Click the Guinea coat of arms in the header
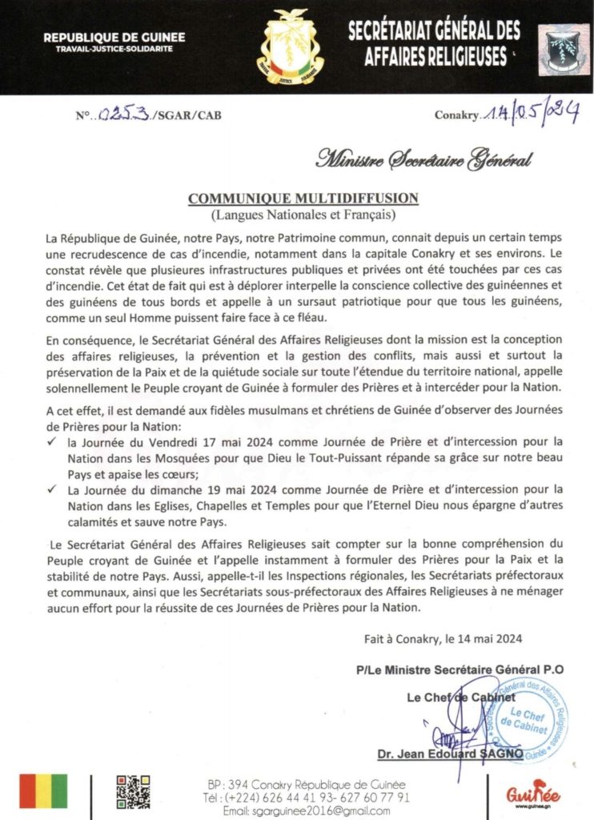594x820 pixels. [x=291, y=46]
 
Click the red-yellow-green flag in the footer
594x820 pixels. [x=43, y=791]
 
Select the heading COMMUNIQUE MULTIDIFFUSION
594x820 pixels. [x=303, y=198]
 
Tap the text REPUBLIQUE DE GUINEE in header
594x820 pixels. [x=114, y=37]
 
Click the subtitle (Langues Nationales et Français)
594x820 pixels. [x=303, y=215]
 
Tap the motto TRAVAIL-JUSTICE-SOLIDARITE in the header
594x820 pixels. [x=114, y=49]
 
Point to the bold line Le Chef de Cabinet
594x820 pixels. [x=460, y=697]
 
